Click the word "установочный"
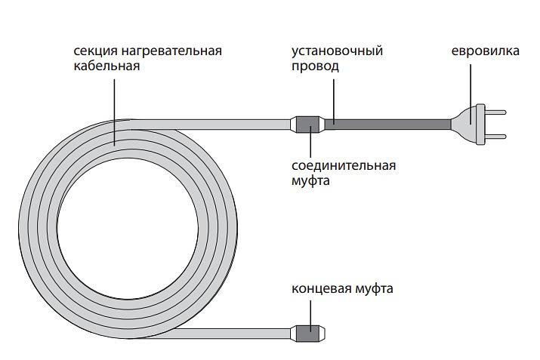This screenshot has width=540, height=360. pos(337,51)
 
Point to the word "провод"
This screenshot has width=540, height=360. pos(315,66)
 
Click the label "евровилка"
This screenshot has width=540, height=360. pos(485,51)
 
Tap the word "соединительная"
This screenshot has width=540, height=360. pos(344,166)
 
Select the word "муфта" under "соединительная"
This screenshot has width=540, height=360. pos(310,181)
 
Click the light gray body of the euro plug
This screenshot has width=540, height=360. pos(468,124)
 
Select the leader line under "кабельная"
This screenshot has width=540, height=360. pos(116,106)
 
